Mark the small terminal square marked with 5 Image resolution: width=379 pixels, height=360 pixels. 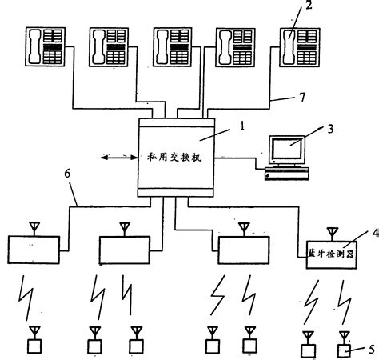[x=345, y=349]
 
